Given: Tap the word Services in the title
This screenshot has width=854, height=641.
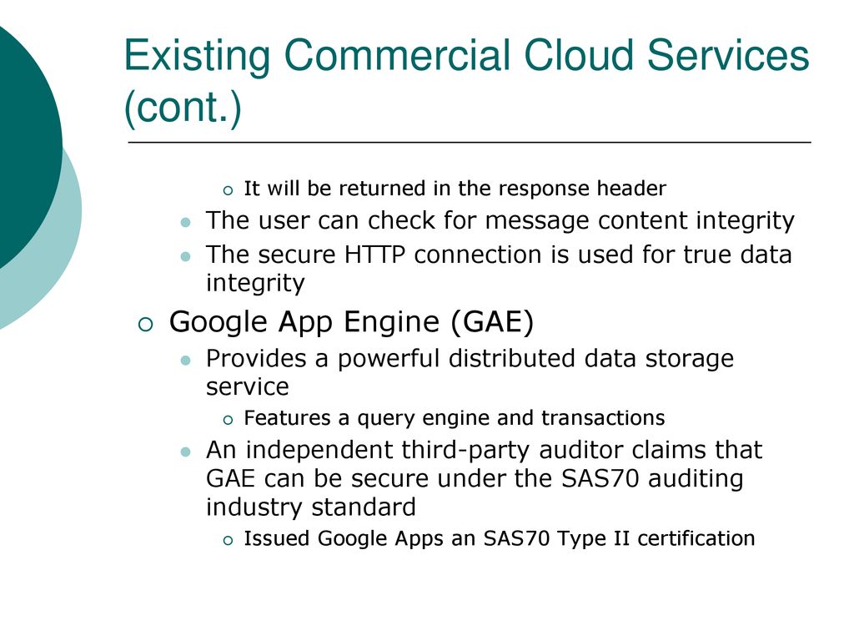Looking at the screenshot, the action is click(x=728, y=55).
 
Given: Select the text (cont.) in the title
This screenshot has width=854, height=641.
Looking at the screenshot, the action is click(x=183, y=107).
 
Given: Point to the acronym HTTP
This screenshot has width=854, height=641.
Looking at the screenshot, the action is click(x=374, y=255).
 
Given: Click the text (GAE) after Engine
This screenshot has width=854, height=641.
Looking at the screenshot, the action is click(x=492, y=321).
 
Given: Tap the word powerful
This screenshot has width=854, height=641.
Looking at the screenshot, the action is click(x=389, y=360).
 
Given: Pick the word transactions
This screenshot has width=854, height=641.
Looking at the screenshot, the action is click(x=603, y=418).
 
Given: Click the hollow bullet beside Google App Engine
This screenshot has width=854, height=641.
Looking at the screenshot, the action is click(x=145, y=325).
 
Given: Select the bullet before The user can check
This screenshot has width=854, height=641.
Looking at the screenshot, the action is click(x=186, y=222).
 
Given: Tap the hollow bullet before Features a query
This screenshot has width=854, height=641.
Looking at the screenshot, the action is click(x=228, y=421).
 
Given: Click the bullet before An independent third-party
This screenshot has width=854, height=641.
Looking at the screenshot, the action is click(x=186, y=452).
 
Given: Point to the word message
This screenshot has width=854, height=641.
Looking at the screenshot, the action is click(x=539, y=221).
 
